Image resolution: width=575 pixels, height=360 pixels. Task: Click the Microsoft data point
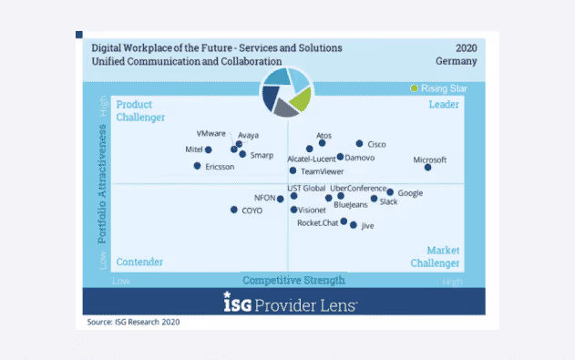[428, 167]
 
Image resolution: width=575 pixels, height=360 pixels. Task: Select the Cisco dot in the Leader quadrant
[359, 143]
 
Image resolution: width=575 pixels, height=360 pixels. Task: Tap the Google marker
[390, 192]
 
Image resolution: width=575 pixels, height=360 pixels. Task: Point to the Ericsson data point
[197, 166]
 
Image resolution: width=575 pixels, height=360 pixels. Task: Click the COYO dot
[232, 210]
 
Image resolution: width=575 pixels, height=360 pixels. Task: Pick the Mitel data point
[209, 149]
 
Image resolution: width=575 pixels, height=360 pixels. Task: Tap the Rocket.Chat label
[317, 222]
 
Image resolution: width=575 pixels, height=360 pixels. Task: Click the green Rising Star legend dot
[415, 88]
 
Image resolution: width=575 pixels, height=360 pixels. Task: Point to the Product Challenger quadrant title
[134, 110]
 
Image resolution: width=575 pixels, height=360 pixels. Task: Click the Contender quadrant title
[139, 262]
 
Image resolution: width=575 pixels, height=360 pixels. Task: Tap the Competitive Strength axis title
[293, 280]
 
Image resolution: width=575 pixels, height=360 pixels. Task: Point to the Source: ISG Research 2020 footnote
[132, 323]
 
